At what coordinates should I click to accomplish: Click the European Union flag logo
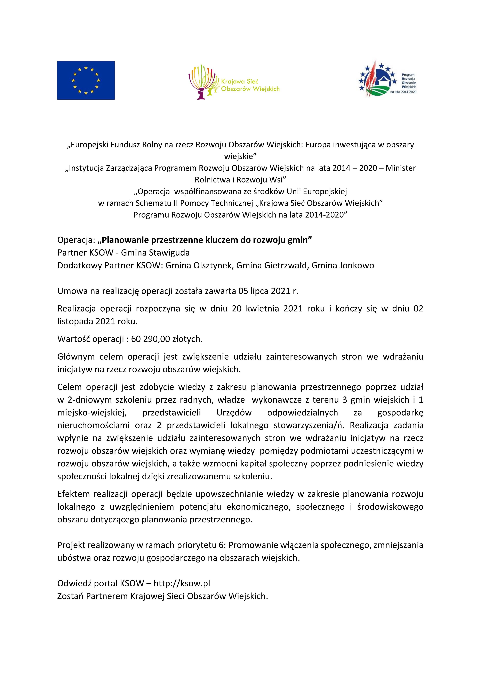(x=86, y=80)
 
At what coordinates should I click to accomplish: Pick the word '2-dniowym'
(x=89, y=400)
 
